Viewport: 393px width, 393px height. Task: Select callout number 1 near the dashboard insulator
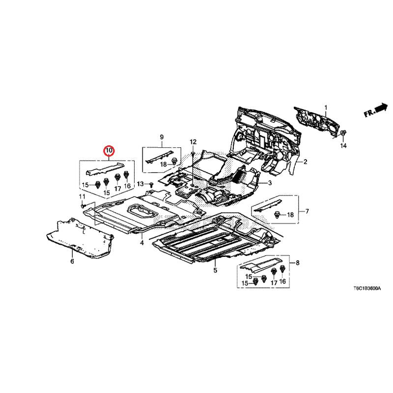[325, 107]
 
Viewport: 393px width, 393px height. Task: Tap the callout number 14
[343, 146]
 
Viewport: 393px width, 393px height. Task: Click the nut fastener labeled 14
[343, 133]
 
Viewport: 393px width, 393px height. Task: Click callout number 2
[305, 162]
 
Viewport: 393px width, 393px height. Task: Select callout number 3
[270, 183]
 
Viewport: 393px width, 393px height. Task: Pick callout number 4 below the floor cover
[141, 243]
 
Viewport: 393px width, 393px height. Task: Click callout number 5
[215, 270]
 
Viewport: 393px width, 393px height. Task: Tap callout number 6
[72, 261]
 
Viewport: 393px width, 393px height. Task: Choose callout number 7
[307, 212]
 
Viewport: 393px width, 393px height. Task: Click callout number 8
[297, 264]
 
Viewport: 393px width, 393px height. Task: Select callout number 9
[161, 136]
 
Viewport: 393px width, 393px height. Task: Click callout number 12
[193, 142]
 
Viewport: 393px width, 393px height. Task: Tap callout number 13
[140, 184]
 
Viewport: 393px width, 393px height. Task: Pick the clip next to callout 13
[151, 184]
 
